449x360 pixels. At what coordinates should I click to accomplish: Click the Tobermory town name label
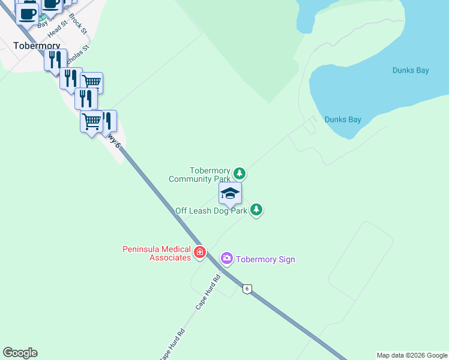(37, 45)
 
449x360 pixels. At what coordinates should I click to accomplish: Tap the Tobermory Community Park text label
(200, 175)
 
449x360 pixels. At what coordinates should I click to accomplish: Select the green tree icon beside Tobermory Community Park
(240, 174)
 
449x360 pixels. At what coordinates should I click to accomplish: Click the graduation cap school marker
(230, 194)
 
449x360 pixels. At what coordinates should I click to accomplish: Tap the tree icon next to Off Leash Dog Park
(256, 209)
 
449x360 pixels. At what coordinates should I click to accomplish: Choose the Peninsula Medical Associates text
(157, 253)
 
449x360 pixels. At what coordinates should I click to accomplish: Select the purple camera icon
(227, 259)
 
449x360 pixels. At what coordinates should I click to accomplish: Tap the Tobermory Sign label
(265, 259)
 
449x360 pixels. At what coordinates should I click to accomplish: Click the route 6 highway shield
(247, 289)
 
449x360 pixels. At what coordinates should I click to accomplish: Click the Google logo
(20, 353)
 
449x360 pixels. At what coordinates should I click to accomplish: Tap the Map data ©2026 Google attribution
(412, 355)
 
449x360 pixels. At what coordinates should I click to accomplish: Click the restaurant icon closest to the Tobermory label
(55, 60)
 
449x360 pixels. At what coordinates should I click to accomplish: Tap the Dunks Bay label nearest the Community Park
(343, 119)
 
